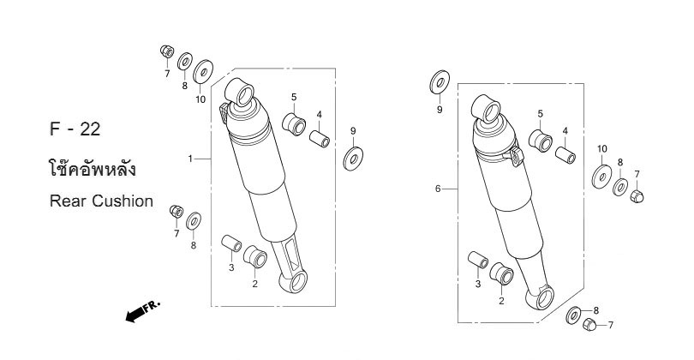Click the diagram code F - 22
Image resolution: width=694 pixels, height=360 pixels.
(x=75, y=129)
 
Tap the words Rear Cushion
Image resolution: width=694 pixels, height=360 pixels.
(x=101, y=201)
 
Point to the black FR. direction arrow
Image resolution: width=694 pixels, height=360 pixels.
(x=142, y=311)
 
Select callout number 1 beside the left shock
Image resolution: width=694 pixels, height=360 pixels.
(x=190, y=159)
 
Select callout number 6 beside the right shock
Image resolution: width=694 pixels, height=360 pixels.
(x=438, y=189)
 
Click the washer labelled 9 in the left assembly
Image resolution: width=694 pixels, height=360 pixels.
(x=353, y=159)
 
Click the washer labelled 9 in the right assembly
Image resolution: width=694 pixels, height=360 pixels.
(x=440, y=82)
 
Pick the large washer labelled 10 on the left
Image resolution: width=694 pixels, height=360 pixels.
(x=203, y=71)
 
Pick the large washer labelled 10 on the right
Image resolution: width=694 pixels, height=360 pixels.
(x=602, y=177)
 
